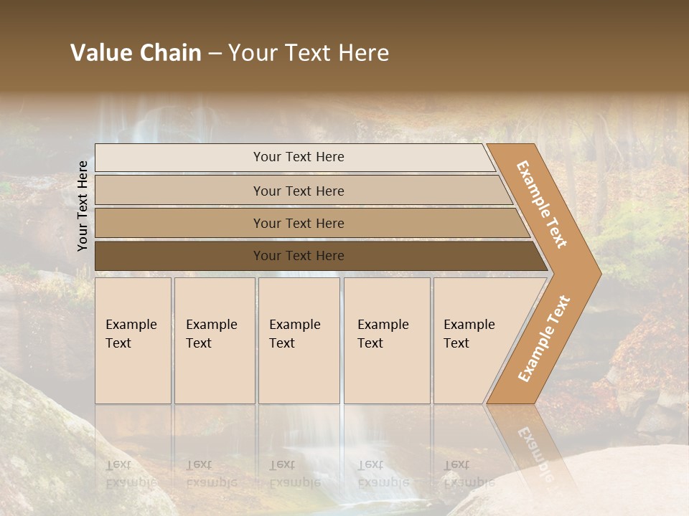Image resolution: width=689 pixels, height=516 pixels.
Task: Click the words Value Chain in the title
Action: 136,53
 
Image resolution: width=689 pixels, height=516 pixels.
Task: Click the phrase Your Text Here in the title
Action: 309,53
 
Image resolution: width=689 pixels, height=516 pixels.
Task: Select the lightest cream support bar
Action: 179,158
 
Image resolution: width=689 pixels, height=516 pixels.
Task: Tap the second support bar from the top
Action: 179,191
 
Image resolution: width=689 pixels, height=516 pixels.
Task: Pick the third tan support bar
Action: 179,223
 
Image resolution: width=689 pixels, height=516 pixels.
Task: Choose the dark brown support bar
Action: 179,256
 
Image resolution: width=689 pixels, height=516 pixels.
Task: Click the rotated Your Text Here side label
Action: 83,206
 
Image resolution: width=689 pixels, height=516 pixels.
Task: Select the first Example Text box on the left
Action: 133,341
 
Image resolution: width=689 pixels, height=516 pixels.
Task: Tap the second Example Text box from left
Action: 215,341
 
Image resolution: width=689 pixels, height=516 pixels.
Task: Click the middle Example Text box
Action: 299,341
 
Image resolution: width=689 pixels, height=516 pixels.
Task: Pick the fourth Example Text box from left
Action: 387,341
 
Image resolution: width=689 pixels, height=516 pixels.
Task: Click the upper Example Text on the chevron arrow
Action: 542,204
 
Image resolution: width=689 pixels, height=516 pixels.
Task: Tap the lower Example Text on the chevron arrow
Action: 544,338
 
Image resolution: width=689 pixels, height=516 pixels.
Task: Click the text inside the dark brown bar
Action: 299,256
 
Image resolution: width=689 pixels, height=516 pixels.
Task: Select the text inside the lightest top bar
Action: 299,157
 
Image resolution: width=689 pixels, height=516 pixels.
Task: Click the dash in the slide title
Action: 215,54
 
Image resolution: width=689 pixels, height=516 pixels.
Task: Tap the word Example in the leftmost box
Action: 131,325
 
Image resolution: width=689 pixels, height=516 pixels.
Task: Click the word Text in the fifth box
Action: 456,343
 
